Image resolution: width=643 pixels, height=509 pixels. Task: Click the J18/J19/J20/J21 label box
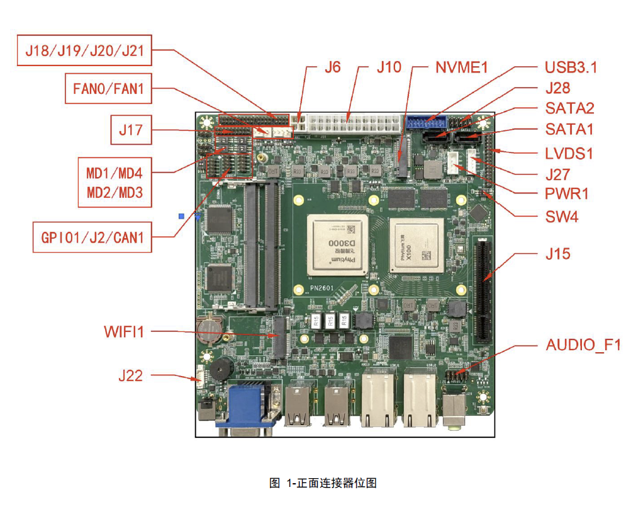click(x=84, y=51)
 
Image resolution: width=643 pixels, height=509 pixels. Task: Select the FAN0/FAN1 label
click(x=108, y=89)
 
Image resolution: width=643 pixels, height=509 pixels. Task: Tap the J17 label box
click(x=131, y=131)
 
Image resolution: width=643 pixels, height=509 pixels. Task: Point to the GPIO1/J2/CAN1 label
click(x=92, y=237)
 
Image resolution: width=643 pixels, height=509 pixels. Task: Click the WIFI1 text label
click(x=124, y=331)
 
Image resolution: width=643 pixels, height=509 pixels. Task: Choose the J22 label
click(x=130, y=376)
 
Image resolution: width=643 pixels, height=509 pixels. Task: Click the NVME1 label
click(x=462, y=67)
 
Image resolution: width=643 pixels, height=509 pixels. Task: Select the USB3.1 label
click(x=571, y=67)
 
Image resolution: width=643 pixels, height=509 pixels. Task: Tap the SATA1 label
click(x=569, y=129)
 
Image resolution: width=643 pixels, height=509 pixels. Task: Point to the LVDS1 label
click(x=569, y=153)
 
